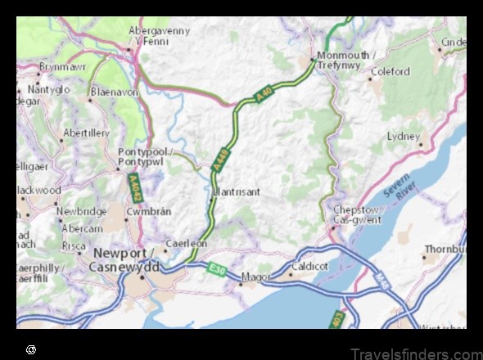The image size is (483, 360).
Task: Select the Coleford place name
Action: [390, 72]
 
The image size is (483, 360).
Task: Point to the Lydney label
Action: [403, 136]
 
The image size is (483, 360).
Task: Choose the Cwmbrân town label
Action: [142, 212]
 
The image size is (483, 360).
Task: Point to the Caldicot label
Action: [309, 266]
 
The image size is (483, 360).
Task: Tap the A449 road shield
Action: [219, 160]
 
